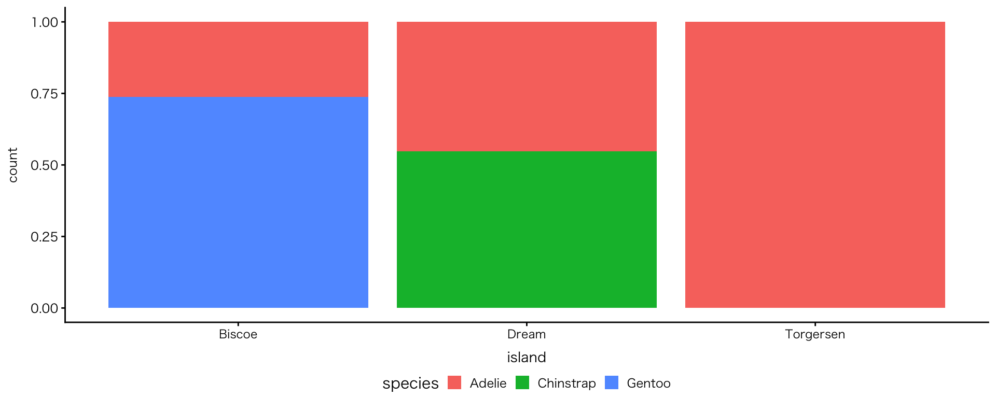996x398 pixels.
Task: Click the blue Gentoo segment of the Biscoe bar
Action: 238,202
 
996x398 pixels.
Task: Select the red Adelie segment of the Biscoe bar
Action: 238,59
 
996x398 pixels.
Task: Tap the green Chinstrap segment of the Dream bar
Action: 527,229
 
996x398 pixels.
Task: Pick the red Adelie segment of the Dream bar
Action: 527,86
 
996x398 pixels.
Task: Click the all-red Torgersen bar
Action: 815,165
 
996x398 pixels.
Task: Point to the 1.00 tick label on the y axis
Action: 44,22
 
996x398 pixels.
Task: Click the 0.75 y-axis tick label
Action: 44,94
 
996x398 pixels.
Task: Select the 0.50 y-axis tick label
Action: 44,165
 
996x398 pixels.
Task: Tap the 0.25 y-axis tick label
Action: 44,237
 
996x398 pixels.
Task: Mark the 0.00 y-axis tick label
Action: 44,308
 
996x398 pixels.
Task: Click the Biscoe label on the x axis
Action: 238,334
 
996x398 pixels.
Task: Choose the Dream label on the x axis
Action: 527,334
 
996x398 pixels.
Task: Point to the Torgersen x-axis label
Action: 815,334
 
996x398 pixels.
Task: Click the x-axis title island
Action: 527,357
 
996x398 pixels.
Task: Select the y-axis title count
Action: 13,165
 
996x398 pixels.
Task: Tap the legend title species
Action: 410,383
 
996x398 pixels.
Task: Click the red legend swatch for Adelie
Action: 454,383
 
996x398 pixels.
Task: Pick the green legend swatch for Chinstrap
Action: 522,383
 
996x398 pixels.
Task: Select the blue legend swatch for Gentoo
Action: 612,383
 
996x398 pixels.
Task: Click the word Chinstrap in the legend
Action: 566,383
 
